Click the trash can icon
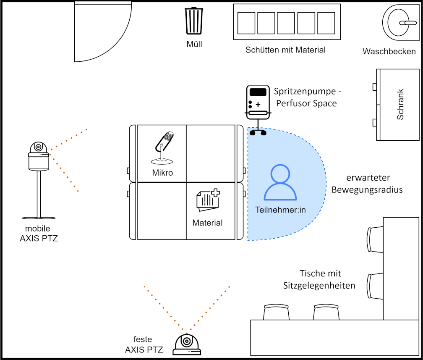click(194, 21)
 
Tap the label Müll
click(194, 44)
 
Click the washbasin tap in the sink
click(408, 23)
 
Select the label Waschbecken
click(389, 51)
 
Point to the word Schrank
click(400, 104)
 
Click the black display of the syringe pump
click(258, 92)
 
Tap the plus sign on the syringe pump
click(258, 104)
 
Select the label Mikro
click(162, 173)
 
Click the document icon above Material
click(208, 200)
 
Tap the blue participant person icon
click(280, 182)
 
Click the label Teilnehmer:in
click(281, 210)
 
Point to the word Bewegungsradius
click(367, 190)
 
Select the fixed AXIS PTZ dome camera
click(187, 344)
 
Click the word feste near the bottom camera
click(143, 339)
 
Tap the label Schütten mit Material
click(285, 50)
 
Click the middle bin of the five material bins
click(286, 23)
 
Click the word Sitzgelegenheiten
click(319, 286)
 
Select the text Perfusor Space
click(306, 103)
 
